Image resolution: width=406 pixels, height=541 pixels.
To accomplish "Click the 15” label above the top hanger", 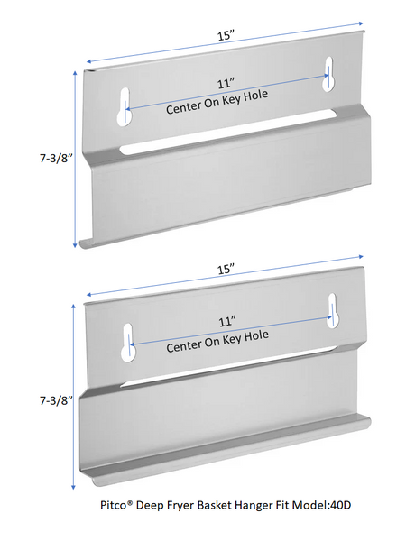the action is (226, 35).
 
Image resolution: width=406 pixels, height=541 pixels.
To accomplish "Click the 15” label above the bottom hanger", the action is (226, 269).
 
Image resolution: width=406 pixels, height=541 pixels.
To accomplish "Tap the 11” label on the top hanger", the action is (226, 84).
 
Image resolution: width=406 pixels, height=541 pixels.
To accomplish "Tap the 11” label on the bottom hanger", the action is (227, 322).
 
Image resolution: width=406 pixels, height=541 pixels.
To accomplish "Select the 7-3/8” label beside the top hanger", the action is (56, 158).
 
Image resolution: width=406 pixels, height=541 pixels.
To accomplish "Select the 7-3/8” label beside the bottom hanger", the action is (56, 400).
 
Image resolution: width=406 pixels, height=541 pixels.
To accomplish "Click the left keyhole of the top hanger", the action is (124, 106).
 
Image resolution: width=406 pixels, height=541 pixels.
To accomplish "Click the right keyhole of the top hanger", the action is (328, 74).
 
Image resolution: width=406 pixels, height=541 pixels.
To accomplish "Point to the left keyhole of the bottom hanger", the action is (128, 344).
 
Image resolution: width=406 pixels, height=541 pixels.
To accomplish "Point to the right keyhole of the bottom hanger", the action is (333, 311).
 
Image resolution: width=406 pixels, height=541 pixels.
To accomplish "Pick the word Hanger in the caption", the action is (251, 506).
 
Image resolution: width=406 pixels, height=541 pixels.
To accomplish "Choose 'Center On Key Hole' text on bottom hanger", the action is (217, 342).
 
